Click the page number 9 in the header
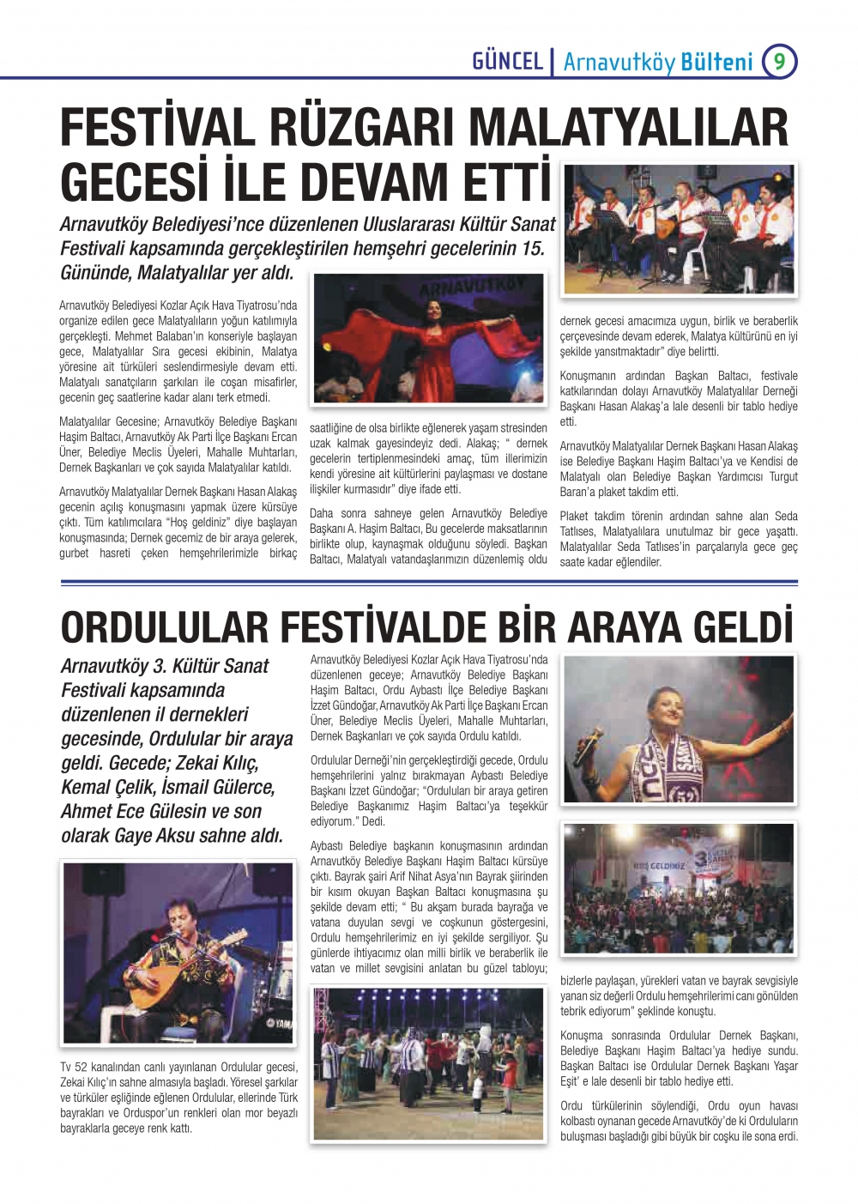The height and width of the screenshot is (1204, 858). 779,61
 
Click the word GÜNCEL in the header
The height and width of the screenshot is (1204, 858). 507,61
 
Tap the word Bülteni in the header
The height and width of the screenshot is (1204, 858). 716,62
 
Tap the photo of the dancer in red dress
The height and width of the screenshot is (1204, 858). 428,338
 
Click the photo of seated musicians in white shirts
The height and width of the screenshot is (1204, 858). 679,229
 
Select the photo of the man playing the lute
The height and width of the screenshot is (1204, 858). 178,953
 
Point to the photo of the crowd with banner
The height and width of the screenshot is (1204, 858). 679,888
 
